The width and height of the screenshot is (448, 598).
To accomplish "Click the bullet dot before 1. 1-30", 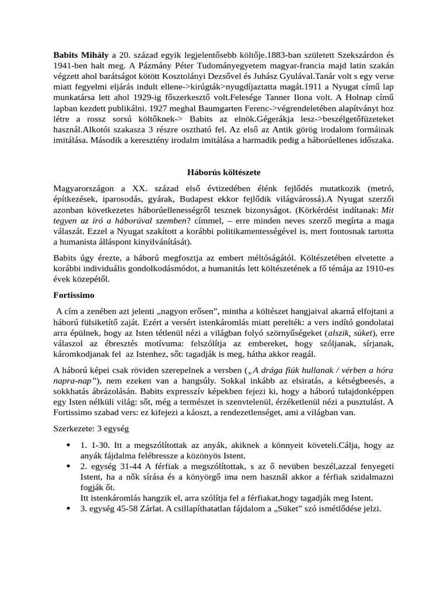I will (69, 444).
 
